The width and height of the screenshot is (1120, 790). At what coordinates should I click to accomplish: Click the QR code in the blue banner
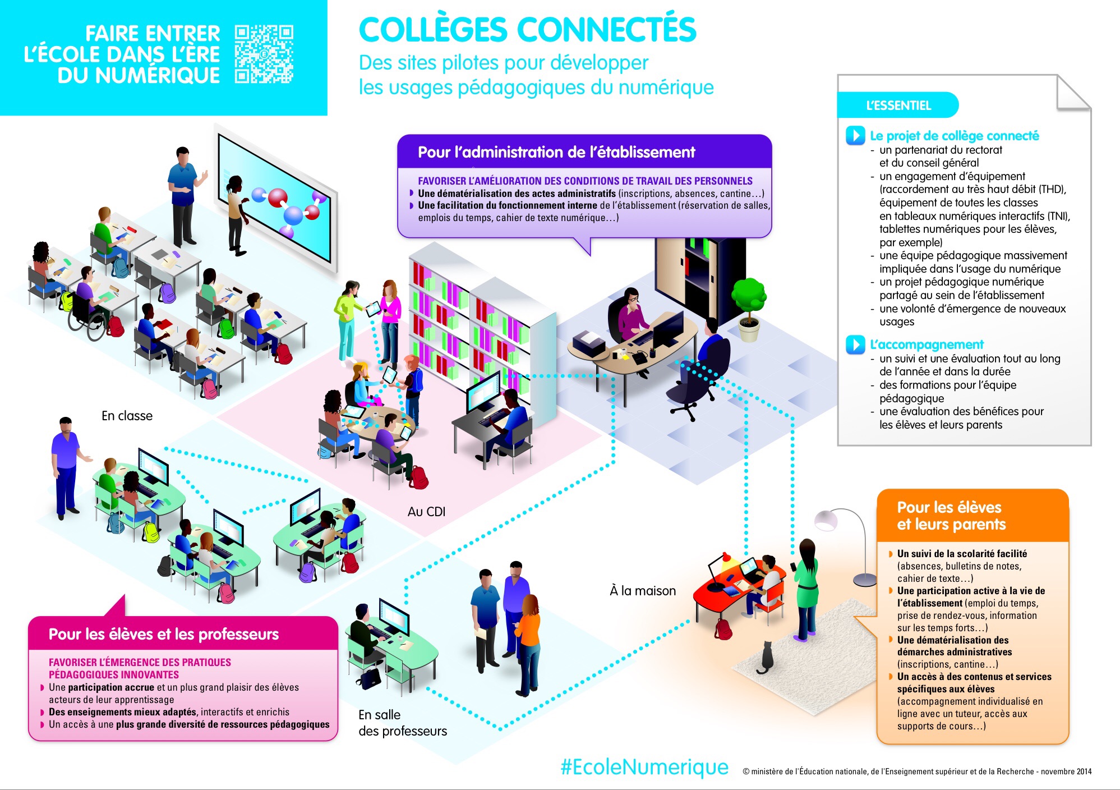(264, 54)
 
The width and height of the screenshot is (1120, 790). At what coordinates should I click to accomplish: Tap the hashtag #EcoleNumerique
(644, 767)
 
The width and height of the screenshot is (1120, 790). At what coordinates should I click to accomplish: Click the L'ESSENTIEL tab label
(898, 105)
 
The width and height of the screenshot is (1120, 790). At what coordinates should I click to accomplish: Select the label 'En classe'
(127, 416)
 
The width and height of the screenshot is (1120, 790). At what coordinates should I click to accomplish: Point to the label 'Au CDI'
(426, 512)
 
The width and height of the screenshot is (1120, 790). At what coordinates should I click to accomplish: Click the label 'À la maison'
(643, 591)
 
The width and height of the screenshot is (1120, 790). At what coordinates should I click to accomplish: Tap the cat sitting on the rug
(765, 659)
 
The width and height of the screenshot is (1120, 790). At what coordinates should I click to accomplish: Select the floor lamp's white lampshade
(826, 520)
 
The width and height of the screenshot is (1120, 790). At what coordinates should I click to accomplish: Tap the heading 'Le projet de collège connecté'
(954, 136)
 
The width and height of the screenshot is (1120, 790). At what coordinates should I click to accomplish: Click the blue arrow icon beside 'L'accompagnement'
(855, 345)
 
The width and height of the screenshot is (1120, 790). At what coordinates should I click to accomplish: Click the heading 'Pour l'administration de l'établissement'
(556, 152)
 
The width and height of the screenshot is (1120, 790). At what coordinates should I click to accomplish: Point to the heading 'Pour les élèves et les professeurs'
(163, 634)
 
